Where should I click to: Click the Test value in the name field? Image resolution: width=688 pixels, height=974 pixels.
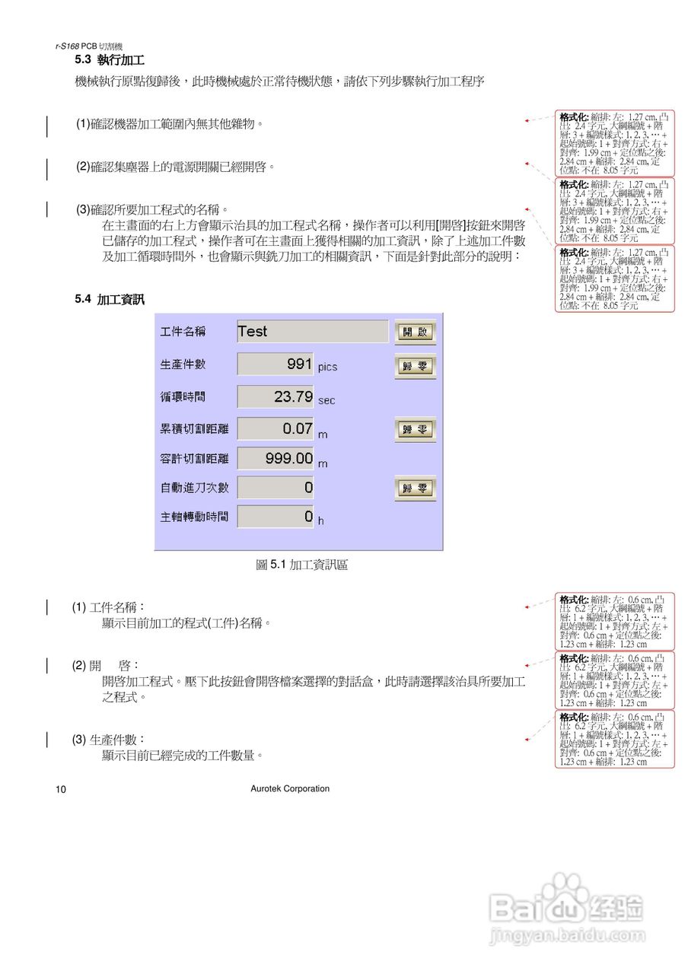pyautogui.click(x=253, y=331)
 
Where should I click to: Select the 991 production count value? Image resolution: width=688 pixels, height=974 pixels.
pyautogui.click(x=299, y=364)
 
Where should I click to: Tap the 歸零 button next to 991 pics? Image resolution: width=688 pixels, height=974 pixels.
pyautogui.click(x=415, y=366)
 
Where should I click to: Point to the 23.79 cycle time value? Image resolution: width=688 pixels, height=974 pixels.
pyautogui.click(x=293, y=396)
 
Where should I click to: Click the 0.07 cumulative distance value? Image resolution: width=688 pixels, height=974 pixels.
pyautogui.click(x=298, y=428)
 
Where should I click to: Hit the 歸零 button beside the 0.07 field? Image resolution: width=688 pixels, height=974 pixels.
pyautogui.click(x=415, y=430)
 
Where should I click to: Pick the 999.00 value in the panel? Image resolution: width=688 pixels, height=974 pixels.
pyautogui.click(x=289, y=458)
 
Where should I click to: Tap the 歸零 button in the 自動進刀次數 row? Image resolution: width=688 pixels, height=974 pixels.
pyautogui.click(x=415, y=488)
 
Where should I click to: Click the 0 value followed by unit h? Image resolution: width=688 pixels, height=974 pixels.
pyautogui.click(x=308, y=517)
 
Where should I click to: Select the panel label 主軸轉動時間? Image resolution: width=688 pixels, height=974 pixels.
pyautogui.click(x=194, y=517)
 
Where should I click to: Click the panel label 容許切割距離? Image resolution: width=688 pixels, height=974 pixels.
pyautogui.click(x=194, y=458)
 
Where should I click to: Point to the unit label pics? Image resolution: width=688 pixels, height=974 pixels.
pyautogui.click(x=327, y=367)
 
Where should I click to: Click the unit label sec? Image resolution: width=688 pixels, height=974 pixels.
pyautogui.click(x=326, y=399)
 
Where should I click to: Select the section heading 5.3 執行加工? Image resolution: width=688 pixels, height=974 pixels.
pyautogui.click(x=110, y=59)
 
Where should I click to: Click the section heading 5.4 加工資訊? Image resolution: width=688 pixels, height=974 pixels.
pyautogui.click(x=110, y=300)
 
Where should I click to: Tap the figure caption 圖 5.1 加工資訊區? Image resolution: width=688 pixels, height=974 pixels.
pyautogui.click(x=302, y=565)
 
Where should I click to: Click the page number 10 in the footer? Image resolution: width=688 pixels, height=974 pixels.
pyautogui.click(x=61, y=789)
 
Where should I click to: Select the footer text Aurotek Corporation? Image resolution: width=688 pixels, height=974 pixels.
pyautogui.click(x=290, y=788)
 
